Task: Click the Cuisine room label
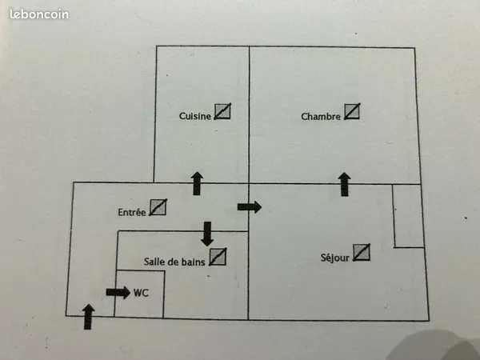[x=195, y=116]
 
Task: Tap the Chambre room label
[x=321, y=117]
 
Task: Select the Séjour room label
[x=335, y=258]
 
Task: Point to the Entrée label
[x=132, y=212]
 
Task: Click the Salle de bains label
[x=174, y=262]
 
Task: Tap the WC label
[x=141, y=293]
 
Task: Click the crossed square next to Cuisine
[x=222, y=111]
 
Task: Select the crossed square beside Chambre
[x=352, y=111]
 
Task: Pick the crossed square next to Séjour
[x=362, y=252]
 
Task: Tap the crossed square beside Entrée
[x=158, y=207]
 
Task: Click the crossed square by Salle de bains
[x=218, y=257]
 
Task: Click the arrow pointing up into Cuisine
[x=197, y=183]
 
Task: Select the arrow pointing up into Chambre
[x=344, y=184]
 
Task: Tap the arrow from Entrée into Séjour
[x=250, y=207]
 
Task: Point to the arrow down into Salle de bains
[x=207, y=234]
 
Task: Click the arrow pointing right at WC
[x=118, y=292]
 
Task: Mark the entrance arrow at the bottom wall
[x=88, y=317]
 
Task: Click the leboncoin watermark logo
[x=39, y=14]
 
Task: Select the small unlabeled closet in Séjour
[x=408, y=215]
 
